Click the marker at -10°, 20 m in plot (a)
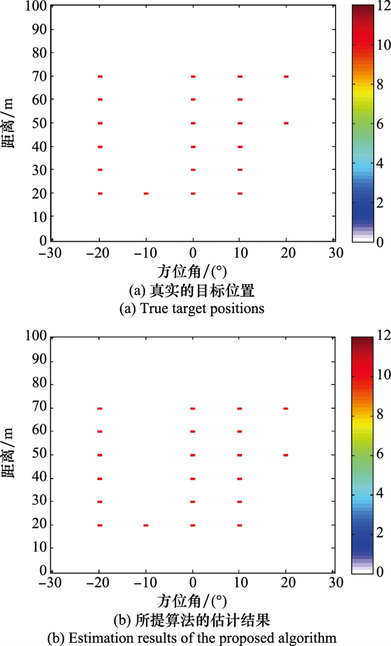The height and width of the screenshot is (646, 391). coord(146,194)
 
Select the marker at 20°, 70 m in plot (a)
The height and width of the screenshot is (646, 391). coord(286,76)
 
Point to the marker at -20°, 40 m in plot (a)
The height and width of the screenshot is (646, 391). coord(100,147)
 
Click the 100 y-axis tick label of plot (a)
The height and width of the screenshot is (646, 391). coord(36,7)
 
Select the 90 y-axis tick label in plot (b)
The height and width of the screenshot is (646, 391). coord(39,361)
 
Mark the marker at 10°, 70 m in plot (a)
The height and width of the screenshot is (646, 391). coord(240,76)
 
